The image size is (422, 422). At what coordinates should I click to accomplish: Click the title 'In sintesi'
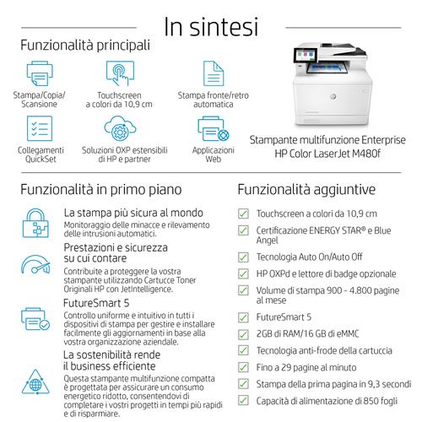[211, 27]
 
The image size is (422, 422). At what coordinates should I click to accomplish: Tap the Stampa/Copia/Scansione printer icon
[40, 73]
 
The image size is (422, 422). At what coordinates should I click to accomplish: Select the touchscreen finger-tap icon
[120, 73]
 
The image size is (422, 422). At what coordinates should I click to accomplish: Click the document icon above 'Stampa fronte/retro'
[214, 73]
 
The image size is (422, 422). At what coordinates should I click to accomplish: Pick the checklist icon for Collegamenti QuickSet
[40, 128]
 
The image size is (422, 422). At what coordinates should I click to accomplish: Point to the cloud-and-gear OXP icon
[120, 128]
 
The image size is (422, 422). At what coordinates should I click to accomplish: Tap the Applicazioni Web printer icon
[214, 128]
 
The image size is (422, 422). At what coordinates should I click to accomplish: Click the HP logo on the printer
[333, 96]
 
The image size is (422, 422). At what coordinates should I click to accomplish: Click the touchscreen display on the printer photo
[306, 55]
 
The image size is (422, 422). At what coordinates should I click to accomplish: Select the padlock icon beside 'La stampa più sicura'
[35, 223]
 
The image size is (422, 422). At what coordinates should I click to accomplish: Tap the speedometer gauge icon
[35, 264]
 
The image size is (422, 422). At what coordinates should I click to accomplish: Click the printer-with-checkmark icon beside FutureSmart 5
[35, 319]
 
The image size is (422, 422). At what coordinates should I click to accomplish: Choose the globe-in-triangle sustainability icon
[35, 382]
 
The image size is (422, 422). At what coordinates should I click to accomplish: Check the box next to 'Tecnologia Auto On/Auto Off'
[243, 257]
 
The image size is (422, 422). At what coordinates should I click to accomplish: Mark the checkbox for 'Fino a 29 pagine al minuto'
[243, 367]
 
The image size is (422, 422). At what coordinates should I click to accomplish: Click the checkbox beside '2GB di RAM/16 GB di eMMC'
[243, 334]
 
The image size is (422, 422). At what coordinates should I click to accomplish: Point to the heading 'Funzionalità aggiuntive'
[306, 189]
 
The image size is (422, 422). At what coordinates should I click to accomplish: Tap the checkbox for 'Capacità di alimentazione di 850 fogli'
[243, 400]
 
